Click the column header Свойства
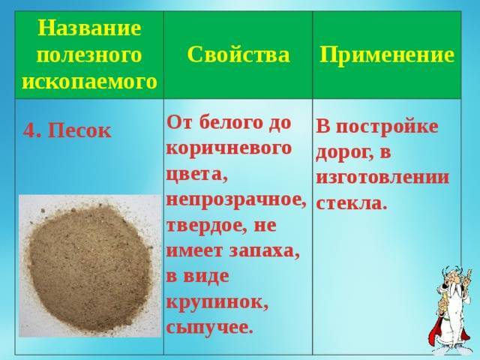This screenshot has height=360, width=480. [x=238, y=55]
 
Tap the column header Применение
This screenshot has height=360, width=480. [x=387, y=55]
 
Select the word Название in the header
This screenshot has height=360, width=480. [x=89, y=28]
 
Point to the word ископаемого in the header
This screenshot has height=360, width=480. [x=89, y=82]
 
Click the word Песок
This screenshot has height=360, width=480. [x=79, y=130]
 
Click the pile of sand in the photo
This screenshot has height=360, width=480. [x=91, y=269]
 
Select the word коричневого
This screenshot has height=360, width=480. [x=229, y=149]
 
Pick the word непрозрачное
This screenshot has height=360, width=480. [x=236, y=201]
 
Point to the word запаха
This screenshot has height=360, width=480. [x=264, y=252]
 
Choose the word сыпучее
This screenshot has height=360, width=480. [x=210, y=328]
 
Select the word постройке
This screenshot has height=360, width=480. [x=387, y=127]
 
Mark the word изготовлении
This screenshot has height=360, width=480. [x=382, y=178]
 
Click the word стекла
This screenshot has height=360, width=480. [x=350, y=203]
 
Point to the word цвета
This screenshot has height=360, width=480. [x=197, y=175]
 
